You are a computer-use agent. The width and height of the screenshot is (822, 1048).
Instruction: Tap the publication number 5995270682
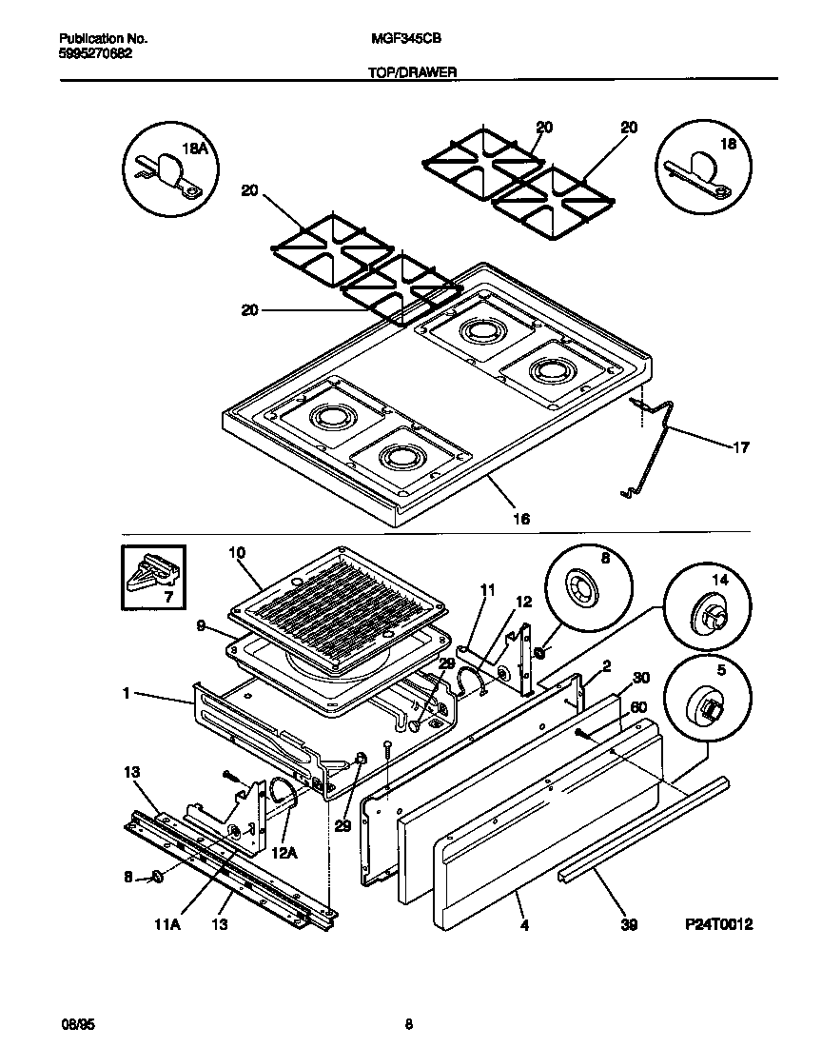coord(95,54)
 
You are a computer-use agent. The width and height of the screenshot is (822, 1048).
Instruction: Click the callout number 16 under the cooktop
coord(520,519)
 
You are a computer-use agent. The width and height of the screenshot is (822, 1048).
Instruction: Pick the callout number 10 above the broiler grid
coord(238,552)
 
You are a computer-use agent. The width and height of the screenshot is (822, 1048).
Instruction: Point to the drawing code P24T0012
coord(718,924)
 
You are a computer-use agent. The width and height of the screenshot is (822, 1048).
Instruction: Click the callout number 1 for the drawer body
coord(126,694)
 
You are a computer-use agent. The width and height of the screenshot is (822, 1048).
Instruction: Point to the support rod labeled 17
coord(656,447)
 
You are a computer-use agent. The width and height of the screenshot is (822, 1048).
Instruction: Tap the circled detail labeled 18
coord(701,168)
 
